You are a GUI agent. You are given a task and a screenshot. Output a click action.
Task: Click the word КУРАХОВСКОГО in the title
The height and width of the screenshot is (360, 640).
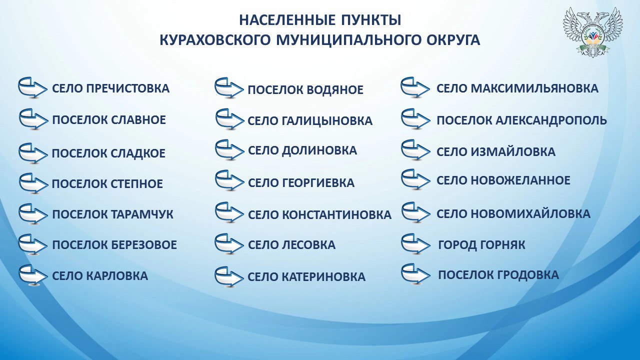214,40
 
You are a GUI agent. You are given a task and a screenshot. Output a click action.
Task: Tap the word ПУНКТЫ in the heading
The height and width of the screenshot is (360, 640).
371,20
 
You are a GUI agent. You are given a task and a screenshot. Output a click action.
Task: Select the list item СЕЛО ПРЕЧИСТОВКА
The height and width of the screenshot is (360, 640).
111,88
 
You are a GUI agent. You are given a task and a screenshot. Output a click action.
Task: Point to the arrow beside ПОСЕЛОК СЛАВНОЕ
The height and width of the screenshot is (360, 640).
33,119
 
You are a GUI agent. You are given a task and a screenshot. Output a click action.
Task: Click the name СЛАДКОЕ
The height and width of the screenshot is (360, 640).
137,153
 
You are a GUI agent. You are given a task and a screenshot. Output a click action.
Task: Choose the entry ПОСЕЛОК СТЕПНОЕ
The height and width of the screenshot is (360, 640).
107,183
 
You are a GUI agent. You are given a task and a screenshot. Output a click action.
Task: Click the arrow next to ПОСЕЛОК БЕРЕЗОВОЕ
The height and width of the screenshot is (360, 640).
32,244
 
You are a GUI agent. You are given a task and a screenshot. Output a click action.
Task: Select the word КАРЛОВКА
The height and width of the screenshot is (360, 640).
117,276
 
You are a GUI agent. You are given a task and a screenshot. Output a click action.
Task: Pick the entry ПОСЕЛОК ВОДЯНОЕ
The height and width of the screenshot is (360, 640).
305,90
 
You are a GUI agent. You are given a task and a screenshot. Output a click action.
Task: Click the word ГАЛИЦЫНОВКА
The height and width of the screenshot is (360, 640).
327,121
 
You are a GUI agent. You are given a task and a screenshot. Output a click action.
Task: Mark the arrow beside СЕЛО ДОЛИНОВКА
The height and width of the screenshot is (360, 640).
229,150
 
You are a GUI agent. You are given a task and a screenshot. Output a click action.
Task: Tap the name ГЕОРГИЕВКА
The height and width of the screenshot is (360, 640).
318,183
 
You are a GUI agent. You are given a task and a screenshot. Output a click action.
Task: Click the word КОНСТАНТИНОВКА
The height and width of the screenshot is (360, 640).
337,215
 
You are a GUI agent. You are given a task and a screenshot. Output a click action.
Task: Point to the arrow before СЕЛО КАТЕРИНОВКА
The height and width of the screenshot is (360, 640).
229,277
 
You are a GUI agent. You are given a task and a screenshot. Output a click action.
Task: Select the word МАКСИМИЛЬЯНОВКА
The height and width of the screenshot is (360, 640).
534,88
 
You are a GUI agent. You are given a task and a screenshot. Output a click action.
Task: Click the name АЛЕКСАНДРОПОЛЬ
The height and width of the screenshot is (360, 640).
551,120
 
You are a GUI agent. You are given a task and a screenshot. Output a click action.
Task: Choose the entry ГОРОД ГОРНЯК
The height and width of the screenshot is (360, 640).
481,245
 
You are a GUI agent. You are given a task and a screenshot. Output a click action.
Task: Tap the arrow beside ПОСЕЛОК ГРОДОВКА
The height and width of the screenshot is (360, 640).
415,273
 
